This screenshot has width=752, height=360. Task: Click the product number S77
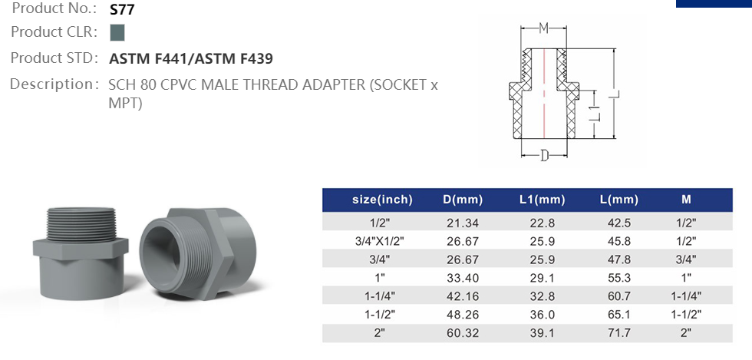point(122,10)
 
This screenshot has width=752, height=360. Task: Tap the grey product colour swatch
point(117,33)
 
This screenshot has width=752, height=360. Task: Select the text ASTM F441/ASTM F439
point(191,58)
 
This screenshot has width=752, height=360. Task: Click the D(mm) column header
point(463,200)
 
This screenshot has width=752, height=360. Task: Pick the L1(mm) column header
point(542,200)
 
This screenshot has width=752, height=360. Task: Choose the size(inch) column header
point(382,200)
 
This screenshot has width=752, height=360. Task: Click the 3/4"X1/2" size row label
point(382,240)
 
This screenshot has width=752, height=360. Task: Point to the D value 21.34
point(463,223)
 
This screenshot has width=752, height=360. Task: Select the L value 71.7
point(618,333)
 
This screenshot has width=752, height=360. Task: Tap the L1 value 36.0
point(542,315)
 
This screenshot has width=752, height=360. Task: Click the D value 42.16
point(463,296)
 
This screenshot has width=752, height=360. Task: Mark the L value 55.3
point(618,278)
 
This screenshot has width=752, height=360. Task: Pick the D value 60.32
point(463,333)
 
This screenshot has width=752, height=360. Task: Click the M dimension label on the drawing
point(543,29)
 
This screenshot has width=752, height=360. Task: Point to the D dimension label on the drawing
point(544,156)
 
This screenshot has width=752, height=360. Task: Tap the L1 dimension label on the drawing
point(593,114)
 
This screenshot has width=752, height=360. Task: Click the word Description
point(51,84)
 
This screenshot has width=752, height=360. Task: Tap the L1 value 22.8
point(542,223)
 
